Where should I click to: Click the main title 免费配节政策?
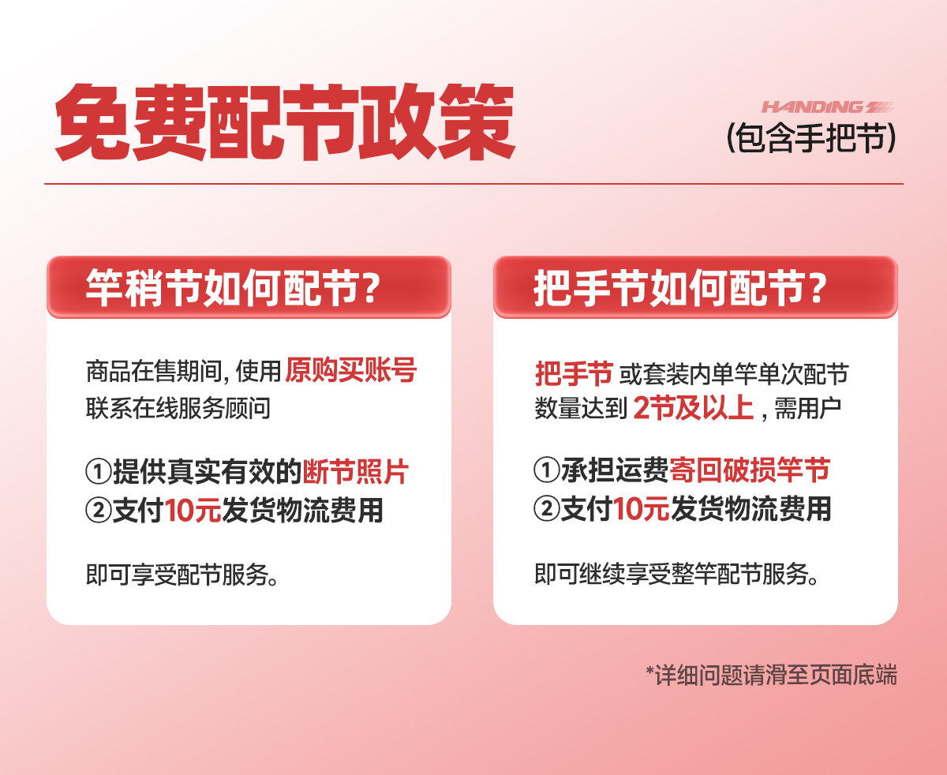pyautogui.click(x=285, y=122)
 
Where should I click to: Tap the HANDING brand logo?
pyautogui.click(x=828, y=107)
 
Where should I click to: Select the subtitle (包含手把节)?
pyautogui.click(x=811, y=137)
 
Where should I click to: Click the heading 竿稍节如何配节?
pyautogui.click(x=233, y=288)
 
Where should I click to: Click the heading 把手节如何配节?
pyautogui.click(x=679, y=288)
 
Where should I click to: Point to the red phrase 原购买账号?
pyautogui.click(x=350, y=370)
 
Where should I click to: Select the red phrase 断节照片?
pyautogui.click(x=355, y=471)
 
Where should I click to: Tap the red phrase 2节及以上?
pyautogui.click(x=694, y=408)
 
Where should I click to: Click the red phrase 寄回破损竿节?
pyautogui.click(x=750, y=470)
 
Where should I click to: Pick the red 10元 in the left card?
pyautogui.click(x=193, y=511)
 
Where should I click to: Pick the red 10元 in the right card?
pyautogui.click(x=641, y=509)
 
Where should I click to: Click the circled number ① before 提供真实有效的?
pyautogui.click(x=99, y=471)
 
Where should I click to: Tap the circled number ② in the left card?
pyautogui.click(x=99, y=511)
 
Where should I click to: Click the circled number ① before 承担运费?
pyautogui.click(x=546, y=470)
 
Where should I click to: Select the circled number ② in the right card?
pyautogui.click(x=546, y=509)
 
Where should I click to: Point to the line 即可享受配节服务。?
pyautogui.click(x=183, y=575)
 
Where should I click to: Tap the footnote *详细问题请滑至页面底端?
pyautogui.click(x=771, y=675)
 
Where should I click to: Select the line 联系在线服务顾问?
pyautogui.click(x=178, y=408)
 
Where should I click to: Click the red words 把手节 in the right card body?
pyautogui.click(x=574, y=373)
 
